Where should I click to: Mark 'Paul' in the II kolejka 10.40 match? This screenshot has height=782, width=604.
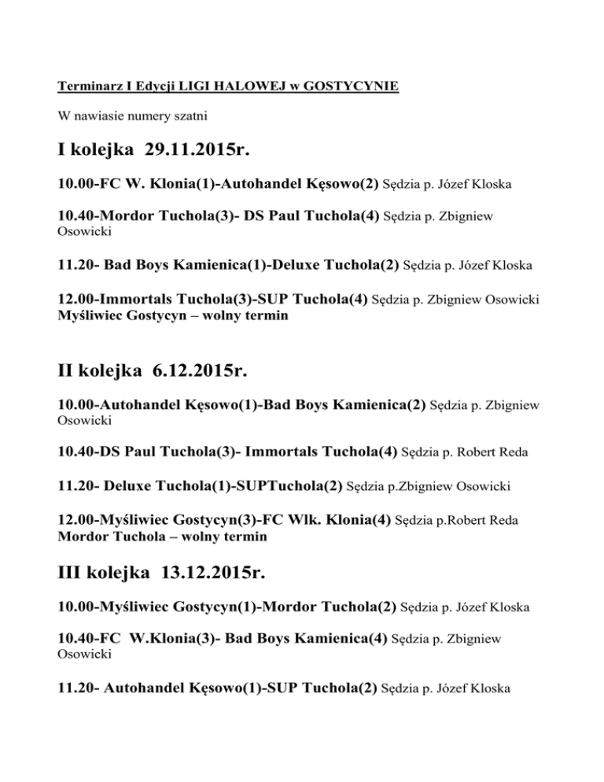(x=149, y=452)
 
